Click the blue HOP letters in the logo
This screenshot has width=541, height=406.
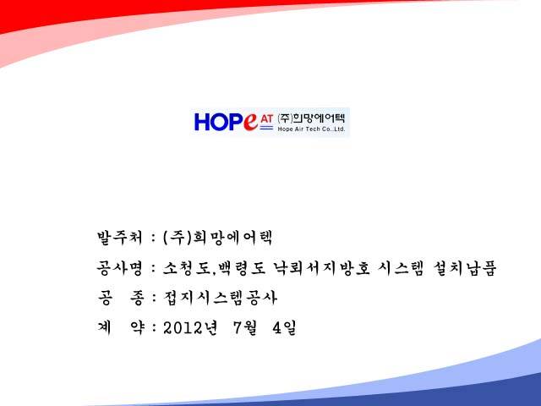tap(219, 122)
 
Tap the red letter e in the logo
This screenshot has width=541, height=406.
tap(250, 122)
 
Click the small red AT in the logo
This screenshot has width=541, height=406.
tap(267, 118)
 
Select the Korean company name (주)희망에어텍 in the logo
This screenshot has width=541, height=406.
tap(311, 118)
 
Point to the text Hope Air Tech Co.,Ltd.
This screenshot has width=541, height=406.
tap(311, 129)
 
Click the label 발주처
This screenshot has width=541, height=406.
tap(119, 238)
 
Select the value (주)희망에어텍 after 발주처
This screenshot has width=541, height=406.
tap(217, 238)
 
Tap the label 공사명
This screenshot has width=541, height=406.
tap(119, 269)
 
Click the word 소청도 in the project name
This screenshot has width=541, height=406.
tap(186, 269)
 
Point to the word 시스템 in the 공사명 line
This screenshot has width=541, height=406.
tap(401, 269)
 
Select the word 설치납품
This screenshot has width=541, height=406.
tap(464, 269)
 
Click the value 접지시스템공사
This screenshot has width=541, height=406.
tap(220, 298)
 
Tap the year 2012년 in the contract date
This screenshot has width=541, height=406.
tap(190, 328)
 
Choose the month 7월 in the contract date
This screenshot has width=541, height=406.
tap(245, 328)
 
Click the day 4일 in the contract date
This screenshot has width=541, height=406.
tap(284, 328)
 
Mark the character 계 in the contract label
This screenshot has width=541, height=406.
tap(105, 328)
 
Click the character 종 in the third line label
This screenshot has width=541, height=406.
tap(137, 299)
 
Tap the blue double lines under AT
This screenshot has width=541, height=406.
tap(266, 128)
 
